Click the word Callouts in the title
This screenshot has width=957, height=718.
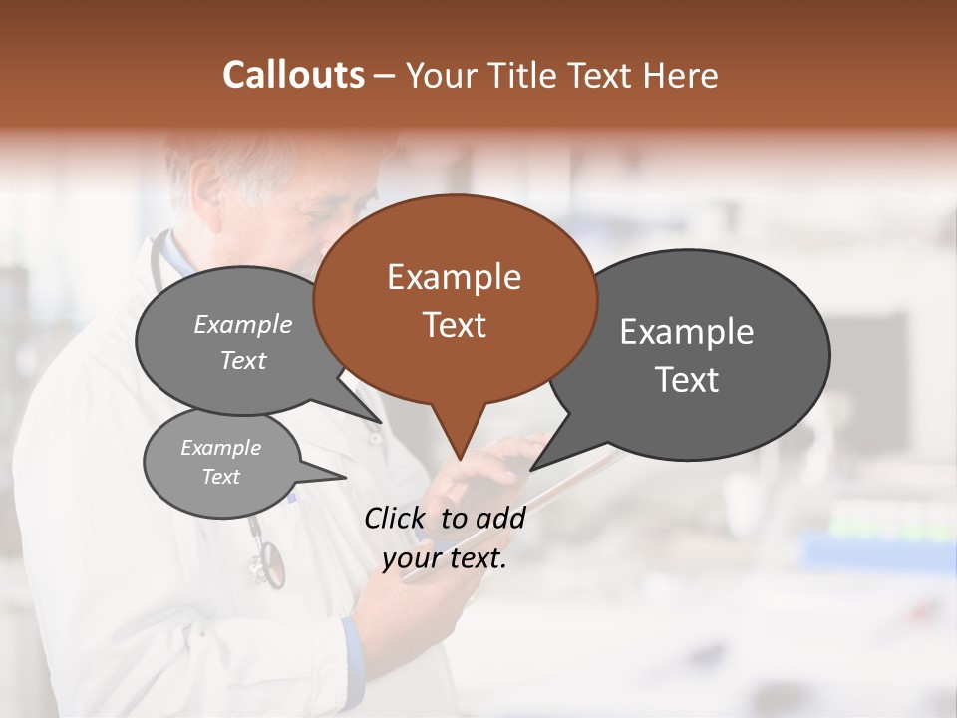tap(293, 75)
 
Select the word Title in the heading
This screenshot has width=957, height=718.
tap(524, 75)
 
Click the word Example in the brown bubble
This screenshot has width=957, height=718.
tap(454, 277)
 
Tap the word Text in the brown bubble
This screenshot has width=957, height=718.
tap(454, 325)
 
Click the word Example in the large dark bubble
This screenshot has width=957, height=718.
tap(686, 332)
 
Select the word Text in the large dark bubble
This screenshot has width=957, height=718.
tap(686, 380)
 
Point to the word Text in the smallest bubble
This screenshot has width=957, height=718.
tap(220, 477)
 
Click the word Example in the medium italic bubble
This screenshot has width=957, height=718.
tap(242, 325)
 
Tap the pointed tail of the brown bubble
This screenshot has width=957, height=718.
tap(459, 444)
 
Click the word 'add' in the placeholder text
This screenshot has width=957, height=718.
tap(499, 518)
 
